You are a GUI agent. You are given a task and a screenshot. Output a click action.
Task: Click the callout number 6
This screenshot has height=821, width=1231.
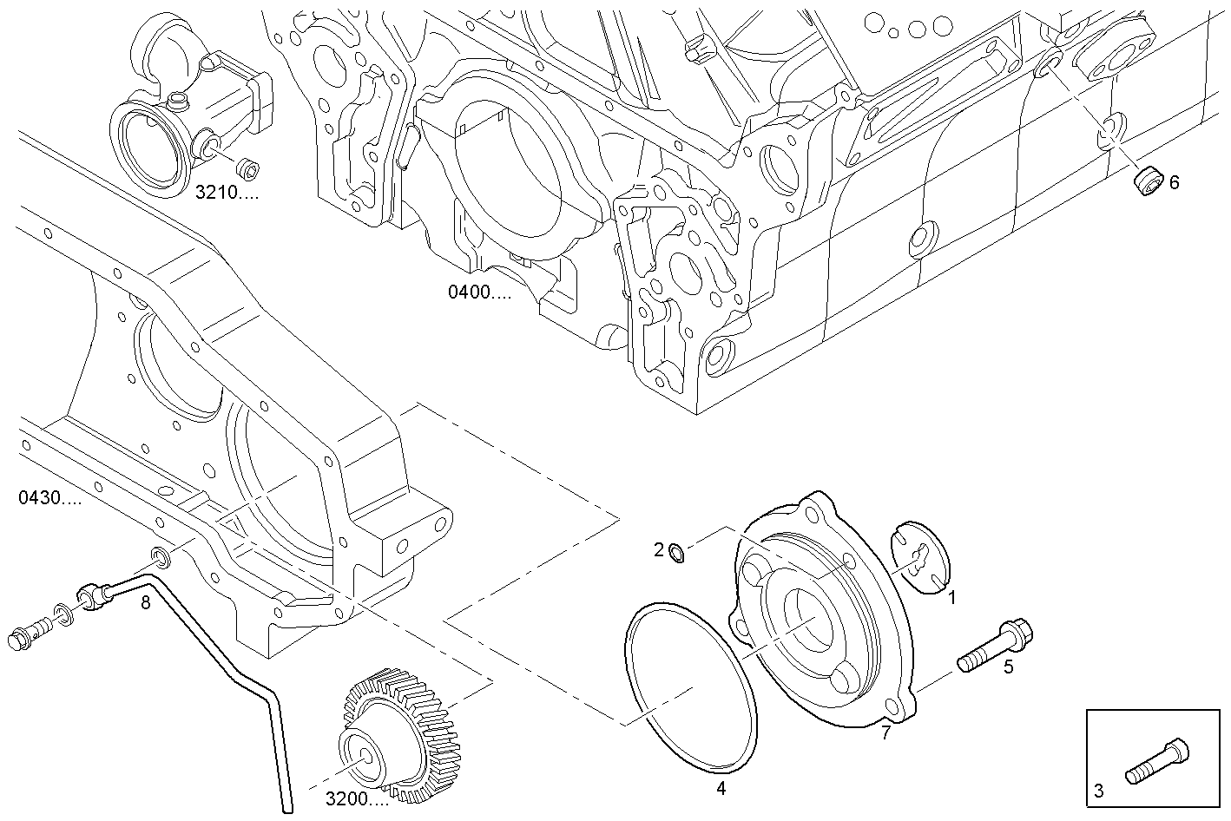(1174, 182)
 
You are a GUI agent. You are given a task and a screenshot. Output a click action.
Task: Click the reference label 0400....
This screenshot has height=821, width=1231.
(479, 292)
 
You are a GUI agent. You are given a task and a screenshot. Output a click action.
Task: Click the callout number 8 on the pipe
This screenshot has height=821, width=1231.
(146, 601)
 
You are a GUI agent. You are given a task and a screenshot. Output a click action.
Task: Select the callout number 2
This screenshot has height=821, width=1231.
(659, 549)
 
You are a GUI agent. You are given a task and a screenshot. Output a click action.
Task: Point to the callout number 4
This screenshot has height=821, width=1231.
(721, 788)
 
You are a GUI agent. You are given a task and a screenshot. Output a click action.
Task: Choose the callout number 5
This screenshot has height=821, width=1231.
(1008, 667)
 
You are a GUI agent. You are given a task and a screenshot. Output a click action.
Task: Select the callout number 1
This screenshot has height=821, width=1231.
(951, 597)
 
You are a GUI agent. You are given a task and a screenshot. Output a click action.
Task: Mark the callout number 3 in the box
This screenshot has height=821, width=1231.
(1098, 791)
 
